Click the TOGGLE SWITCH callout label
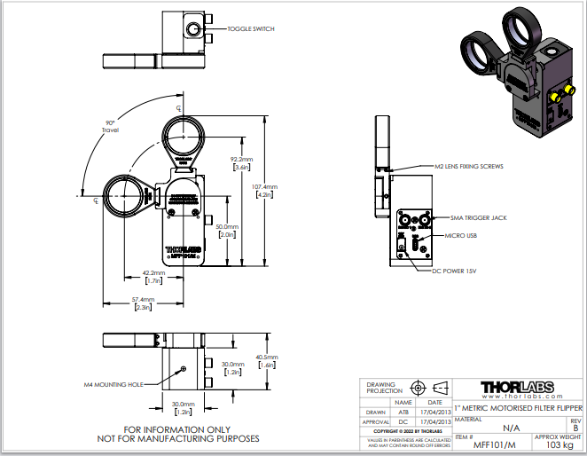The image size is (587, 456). pyautogui.click(x=251, y=29)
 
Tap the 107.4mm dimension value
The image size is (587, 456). pyautogui.click(x=266, y=186)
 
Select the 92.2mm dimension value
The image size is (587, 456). pyautogui.click(x=241, y=160)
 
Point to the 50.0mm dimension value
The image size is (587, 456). pyautogui.click(x=226, y=227)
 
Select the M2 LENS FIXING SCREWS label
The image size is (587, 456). pyautogui.click(x=469, y=166)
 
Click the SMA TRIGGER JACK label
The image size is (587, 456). pyautogui.click(x=479, y=216)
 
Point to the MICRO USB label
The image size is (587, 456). pyautogui.click(x=460, y=235)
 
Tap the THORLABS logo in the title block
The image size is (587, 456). pyautogui.click(x=517, y=387)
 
